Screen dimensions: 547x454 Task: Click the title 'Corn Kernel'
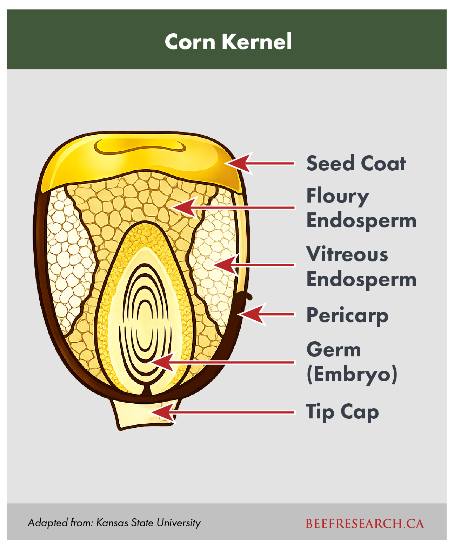[228, 42]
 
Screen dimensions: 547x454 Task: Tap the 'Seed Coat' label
[356, 163]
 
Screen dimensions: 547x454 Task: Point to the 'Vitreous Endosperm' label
[361, 267]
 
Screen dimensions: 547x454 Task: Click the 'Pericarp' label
[347, 315]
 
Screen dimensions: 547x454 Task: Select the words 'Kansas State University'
[148, 523]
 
